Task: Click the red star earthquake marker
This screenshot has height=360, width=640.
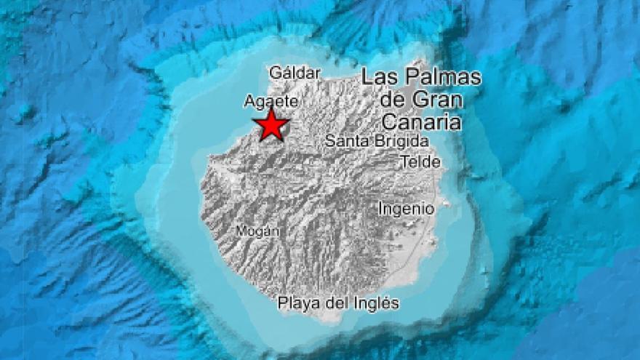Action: (271, 124)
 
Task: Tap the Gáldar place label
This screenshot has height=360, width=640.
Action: (295, 72)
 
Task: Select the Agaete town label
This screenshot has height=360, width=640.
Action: (271, 101)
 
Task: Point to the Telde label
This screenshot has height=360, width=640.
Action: (420, 162)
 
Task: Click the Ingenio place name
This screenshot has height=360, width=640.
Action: (406, 209)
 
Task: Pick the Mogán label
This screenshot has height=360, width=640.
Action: (257, 231)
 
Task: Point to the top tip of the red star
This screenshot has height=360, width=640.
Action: (271, 108)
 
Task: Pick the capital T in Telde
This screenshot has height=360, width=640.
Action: (404, 162)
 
